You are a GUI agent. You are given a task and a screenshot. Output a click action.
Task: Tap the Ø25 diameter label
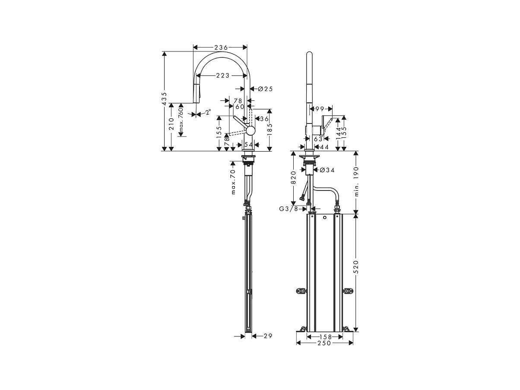tap(265, 89)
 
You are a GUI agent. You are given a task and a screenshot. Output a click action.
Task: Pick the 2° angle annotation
tap(208, 112)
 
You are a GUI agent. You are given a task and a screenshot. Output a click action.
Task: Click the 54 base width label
tap(248, 144)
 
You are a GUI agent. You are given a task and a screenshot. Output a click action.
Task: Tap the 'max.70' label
tap(233, 182)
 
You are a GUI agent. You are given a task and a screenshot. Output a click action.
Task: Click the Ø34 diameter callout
tap(327, 170)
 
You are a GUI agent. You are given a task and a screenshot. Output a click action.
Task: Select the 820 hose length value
tap(293, 178)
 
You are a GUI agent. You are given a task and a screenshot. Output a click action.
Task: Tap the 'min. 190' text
tap(357, 181)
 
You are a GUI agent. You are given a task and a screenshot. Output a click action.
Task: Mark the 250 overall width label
tap(324, 343)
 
